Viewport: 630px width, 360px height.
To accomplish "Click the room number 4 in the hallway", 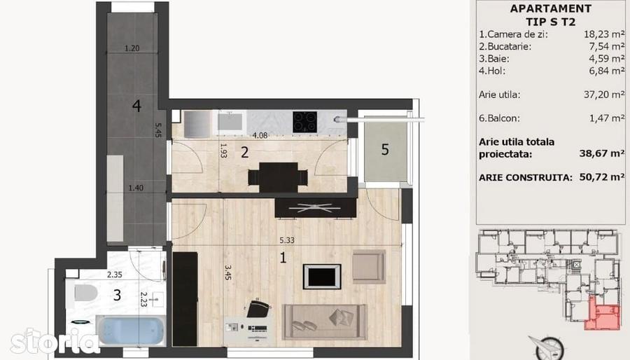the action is (x=136, y=106).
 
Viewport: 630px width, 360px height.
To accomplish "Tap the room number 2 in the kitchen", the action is (x=245, y=152).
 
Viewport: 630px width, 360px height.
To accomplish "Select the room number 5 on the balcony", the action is (x=385, y=150).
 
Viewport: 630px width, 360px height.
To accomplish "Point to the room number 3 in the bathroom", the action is (x=117, y=296).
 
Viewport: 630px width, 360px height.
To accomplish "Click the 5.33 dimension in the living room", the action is (x=287, y=240).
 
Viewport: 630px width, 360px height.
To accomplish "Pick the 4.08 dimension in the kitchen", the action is (x=260, y=135).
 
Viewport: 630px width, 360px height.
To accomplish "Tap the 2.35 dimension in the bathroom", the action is (x=115, y=275).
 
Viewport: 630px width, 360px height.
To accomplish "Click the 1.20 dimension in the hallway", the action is (x=132, y=48).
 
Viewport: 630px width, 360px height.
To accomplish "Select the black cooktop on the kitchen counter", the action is (x=305, y=122).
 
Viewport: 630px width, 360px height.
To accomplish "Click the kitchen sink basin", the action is (x=230, y=122).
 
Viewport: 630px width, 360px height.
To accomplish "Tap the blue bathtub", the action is (x=131, y=331).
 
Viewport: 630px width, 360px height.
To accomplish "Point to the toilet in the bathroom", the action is (x=85, y=293).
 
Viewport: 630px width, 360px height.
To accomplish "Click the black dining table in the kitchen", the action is (x=278, y=177).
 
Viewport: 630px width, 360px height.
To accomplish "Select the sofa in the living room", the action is (x=325, y=322).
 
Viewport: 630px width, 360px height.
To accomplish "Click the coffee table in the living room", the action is (x=322, y=277).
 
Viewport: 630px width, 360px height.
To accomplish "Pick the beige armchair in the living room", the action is (x=369, y=266).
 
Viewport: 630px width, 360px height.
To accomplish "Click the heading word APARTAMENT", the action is (x=550, y=9).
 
